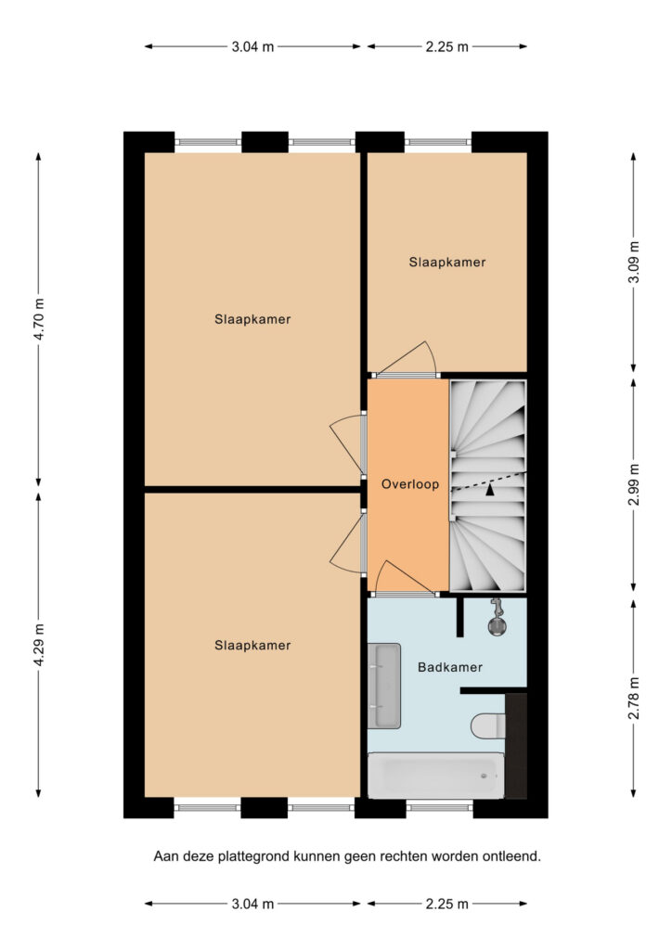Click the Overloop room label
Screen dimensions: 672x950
(x=409, y=484)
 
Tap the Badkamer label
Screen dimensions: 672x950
(x=450, y=667)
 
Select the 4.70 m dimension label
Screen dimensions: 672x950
(x=39, y=319)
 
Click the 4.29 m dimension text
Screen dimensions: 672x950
(x=39, y=644)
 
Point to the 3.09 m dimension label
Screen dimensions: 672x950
(x=634, y=262)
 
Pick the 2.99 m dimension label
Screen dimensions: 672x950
(x=634, y=484)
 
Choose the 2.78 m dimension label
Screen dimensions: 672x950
(x=634, y=698)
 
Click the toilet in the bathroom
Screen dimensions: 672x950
(x=488, y=725)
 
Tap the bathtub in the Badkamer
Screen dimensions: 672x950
(x=435, y=777)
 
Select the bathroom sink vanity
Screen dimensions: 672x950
(x=383, y=686)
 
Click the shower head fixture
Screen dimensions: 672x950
(x=497, y=617)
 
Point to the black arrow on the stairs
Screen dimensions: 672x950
(x=489, y=490)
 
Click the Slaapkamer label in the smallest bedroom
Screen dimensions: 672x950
(x=447, y=263)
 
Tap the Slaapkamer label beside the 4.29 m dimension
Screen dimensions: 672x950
(x=252, y=646)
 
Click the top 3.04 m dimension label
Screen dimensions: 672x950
(x=252, y=46)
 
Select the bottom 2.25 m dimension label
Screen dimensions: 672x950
(x=447, y=904)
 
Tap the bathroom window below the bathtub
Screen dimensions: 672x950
(x=439, y=807)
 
